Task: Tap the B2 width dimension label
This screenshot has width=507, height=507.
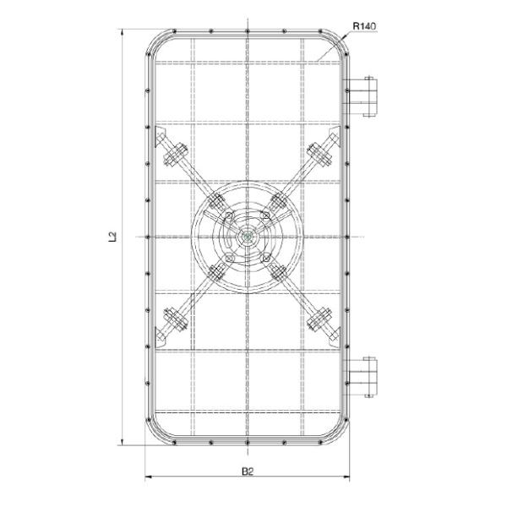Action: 246,470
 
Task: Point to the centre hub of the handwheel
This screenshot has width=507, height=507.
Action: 246,238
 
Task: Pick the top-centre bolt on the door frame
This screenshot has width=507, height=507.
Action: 246,32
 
